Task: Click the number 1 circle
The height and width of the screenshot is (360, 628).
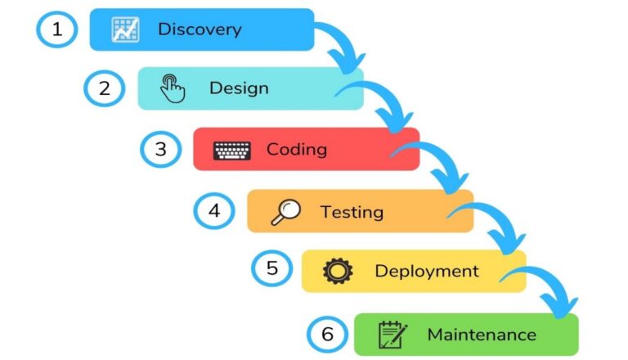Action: click(x=57, y=30)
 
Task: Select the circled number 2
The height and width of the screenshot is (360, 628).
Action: click(x=105, y=88)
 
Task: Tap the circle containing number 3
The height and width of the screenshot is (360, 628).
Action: click(x=160, y=149)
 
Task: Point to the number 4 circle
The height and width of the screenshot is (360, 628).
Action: click(x=214, y=211)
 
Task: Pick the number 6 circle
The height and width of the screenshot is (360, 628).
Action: click(x=327, y=334)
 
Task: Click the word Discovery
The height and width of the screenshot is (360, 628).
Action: click(x=200, y=29)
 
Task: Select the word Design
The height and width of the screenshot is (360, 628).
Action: click(x=239, y=88)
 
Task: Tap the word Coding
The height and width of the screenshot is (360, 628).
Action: click(x=296, y=150)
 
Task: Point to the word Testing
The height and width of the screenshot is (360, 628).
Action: click(x=352, y=212)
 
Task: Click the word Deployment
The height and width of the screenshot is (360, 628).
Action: click(x=427, y=271)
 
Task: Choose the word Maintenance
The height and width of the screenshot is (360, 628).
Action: click(x=482, y=334)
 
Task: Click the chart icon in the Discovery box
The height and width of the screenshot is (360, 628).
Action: click(x=125, y=29)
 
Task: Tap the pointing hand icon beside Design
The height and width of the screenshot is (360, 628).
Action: click(x=173, y=88)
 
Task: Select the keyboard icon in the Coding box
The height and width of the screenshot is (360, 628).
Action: click(x=232, y=151)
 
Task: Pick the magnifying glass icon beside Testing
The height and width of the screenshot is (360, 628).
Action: click(x=285, y=212)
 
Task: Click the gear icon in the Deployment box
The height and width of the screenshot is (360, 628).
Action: click(x=338, y=271)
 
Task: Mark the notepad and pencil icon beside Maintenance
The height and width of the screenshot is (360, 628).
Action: click(x=393, y=334)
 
